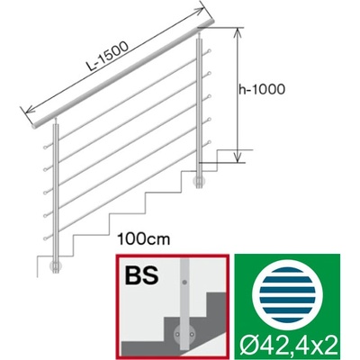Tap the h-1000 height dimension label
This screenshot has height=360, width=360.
262,89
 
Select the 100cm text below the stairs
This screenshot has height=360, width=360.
144,239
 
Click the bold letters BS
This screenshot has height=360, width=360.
141,275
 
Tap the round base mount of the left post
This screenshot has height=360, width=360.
56,265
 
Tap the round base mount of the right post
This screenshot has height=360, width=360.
199,181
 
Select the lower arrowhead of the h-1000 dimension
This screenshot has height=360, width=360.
238,157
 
